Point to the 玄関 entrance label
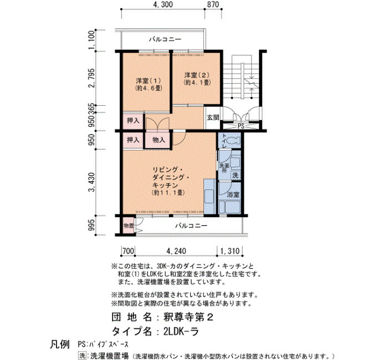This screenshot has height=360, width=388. coord(213,117)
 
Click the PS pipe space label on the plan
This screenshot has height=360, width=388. coord(241,126)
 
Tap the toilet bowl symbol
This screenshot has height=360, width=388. coord(234,141)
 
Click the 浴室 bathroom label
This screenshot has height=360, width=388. coord(233,194)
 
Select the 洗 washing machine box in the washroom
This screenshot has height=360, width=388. coord(236,176)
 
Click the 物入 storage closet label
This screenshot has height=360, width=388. coord(159,140)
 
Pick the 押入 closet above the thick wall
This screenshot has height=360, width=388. coord(133,121)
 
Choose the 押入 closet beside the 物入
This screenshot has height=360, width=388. coord(133,140)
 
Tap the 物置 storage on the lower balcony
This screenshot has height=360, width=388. coord(129,225)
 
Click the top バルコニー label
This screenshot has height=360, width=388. coord(165,39)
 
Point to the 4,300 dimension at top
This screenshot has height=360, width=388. coord(163,4)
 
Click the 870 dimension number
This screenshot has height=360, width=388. coord(213,4)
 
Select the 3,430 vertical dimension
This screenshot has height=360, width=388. coord(92,182)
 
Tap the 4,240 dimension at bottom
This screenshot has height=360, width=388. coord(176,251)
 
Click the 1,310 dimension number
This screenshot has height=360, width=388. coord(229,251)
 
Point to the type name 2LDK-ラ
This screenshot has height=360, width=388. coord(181,332)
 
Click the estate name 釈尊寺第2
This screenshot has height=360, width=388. coord(188,317)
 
